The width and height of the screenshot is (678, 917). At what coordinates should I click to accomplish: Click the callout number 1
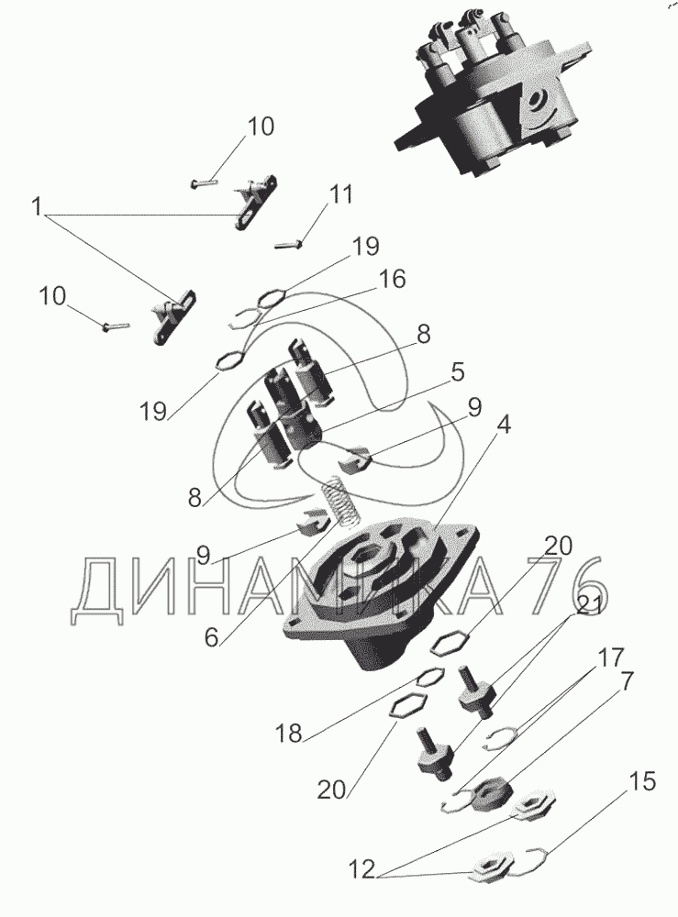point(37,206)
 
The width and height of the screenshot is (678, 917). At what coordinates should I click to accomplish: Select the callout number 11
point(341,194)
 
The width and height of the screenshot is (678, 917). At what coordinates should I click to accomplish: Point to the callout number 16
point(392,279)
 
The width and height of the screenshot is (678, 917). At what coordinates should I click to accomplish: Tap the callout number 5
point(457,372)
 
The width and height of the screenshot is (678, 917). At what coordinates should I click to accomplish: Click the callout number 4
point(503,425)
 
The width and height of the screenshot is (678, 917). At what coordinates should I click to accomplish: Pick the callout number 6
point(211,637)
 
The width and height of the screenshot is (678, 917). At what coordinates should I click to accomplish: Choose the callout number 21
point(589,607)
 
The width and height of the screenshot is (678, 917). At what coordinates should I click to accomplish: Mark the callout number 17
point(610,657)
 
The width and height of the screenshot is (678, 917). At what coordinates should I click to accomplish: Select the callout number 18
point(288,733)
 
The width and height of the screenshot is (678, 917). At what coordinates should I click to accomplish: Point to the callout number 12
point(361,869)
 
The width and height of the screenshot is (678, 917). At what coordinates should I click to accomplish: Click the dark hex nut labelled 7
point(493,795)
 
